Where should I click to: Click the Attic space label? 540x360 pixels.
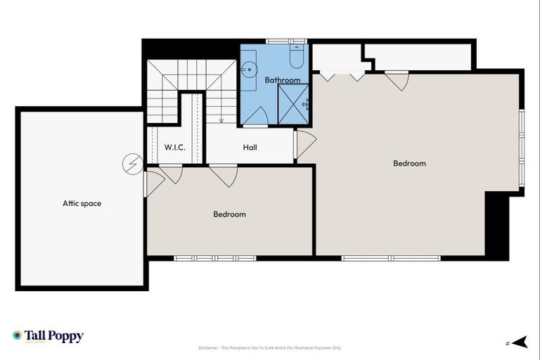tap(82, 204)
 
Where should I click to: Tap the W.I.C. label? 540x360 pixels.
tap(174, 148)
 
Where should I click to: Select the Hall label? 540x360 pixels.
tap(250, 148)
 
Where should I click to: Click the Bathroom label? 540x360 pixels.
tap(283, 80)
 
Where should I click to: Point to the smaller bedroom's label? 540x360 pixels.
tap(229, 214)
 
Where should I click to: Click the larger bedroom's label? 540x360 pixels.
tap(409, 164)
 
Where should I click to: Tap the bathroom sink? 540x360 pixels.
tap(248, 69)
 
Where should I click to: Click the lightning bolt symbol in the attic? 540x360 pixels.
tap(131, 164)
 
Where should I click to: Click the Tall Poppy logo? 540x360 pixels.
tap(48, 336)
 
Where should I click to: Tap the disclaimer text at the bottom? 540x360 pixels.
tap(269, 347)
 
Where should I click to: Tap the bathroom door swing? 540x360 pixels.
tap(255, 117)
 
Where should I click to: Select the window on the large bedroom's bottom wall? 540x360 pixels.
tap(391, 258)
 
